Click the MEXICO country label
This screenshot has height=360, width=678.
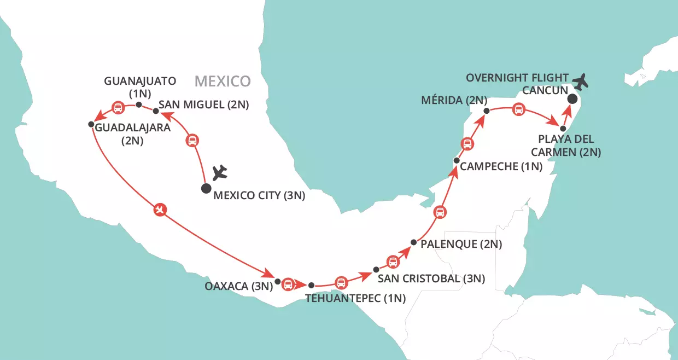[223, 82]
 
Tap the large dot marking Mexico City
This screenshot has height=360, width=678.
[206, 189]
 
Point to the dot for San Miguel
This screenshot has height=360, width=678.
[156, 111]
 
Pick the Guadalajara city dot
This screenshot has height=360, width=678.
[91, 125]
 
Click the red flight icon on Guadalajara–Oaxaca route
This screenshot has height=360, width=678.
[160, 209]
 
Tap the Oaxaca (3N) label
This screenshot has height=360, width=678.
[238, 286]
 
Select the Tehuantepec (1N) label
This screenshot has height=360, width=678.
[344, 299]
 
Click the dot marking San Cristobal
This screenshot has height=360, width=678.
[376, 270]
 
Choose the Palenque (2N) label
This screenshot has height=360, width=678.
[461, 244]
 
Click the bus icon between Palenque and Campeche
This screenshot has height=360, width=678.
[439, 212]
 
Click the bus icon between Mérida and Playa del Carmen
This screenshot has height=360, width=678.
[518, 111]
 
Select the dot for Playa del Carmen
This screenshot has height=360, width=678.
[563, 128]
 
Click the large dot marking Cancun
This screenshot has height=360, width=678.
[572, 99]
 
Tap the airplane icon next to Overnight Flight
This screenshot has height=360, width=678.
[584, 81]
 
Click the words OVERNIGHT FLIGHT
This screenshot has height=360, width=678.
[517, 78]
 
